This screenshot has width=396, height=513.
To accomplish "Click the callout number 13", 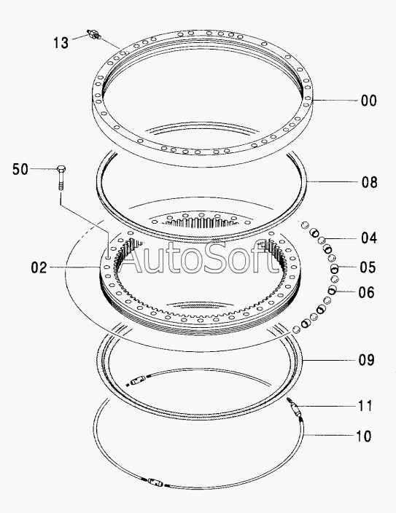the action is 61,43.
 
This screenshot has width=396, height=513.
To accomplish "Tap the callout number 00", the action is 369,101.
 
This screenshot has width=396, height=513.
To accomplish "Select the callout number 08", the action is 370,182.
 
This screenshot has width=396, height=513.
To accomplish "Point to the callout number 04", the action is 369,238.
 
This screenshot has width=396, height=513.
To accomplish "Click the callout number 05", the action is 368,267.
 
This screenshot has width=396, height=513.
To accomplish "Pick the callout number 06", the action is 367,292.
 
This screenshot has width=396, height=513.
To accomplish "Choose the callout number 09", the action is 367,360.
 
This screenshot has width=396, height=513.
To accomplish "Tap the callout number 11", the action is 365,406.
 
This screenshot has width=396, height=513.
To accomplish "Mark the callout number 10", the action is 364,436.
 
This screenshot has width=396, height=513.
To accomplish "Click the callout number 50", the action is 20,169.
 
